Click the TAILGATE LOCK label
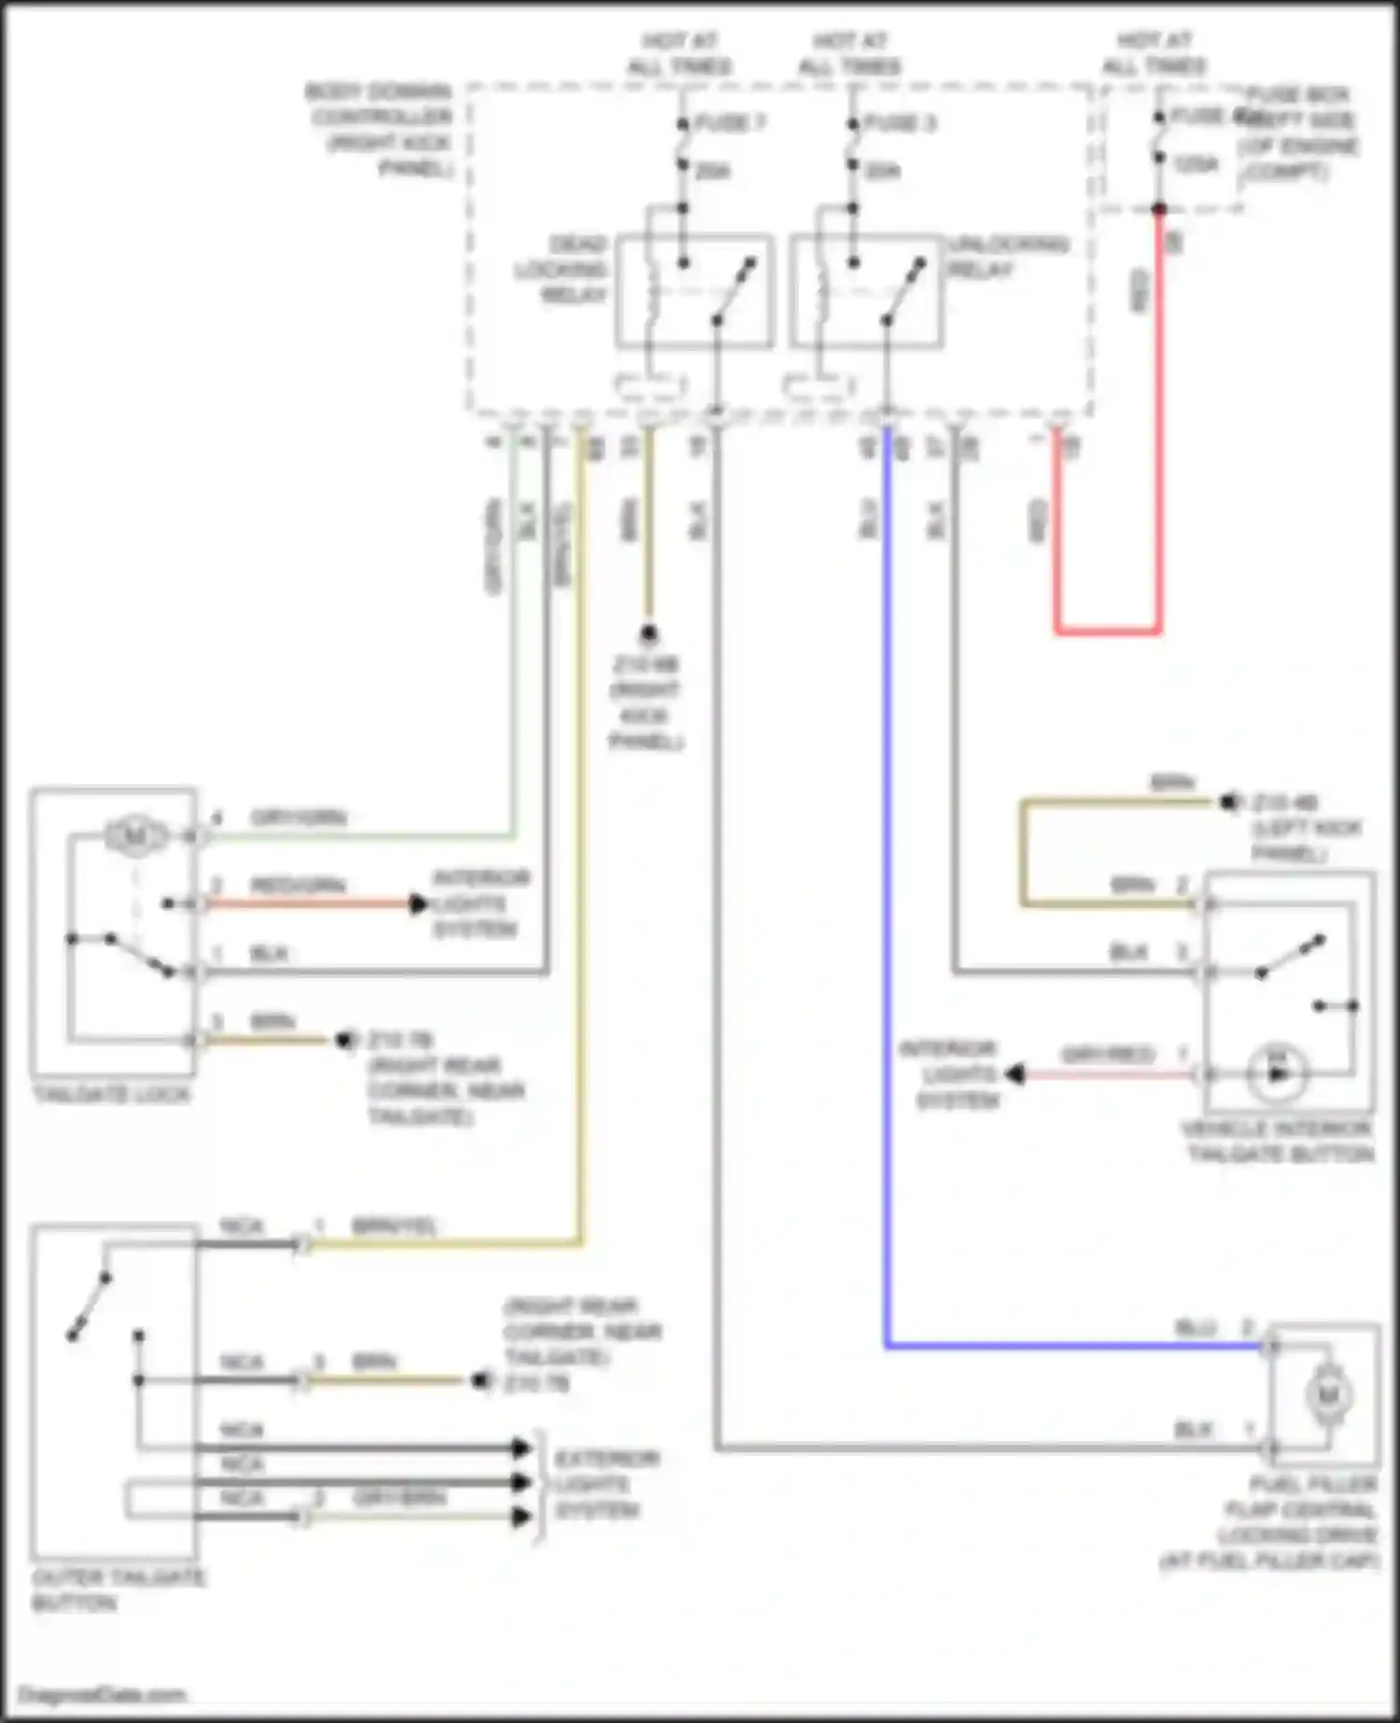[111, 1094]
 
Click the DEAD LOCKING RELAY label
[564, 270]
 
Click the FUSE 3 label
[900, 123]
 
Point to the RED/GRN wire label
[298, 885]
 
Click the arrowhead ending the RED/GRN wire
[419, 904]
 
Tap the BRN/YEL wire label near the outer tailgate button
[394, 1226]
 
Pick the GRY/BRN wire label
[399, 1498]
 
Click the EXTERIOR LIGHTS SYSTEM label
[607, 1484]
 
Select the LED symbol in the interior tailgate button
[1278, 1073]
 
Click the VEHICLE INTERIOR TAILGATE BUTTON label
[1278, 1141]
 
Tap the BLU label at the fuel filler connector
[1196, 1327]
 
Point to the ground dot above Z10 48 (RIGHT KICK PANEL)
[648, 635]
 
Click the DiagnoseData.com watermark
[102, 1694]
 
